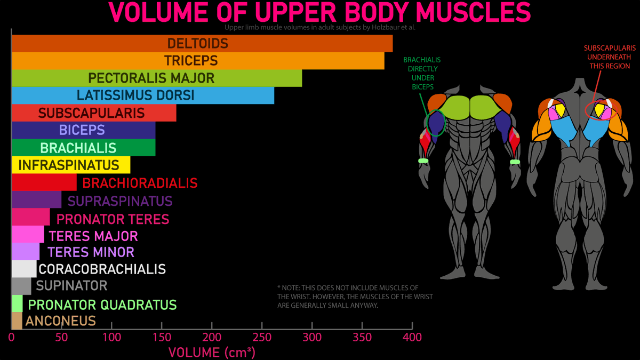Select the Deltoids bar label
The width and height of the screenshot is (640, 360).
point(198,43)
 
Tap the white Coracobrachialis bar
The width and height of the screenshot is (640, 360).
point(24,269)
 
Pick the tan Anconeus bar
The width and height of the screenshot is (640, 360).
point(17,321)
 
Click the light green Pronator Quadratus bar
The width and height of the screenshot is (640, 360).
point(17,304)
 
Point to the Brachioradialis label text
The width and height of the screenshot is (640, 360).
point(140,183)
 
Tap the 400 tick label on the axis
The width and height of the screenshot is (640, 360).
point(412,337)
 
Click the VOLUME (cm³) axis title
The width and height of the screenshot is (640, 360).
point(212,352)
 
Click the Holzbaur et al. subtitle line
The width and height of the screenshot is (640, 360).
point(319,27)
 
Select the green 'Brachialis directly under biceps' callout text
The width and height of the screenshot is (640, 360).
point(422,73)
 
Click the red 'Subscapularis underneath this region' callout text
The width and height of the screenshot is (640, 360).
point(610,57)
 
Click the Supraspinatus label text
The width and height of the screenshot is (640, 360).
point(120,201)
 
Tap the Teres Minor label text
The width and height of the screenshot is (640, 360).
point(91,252)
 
